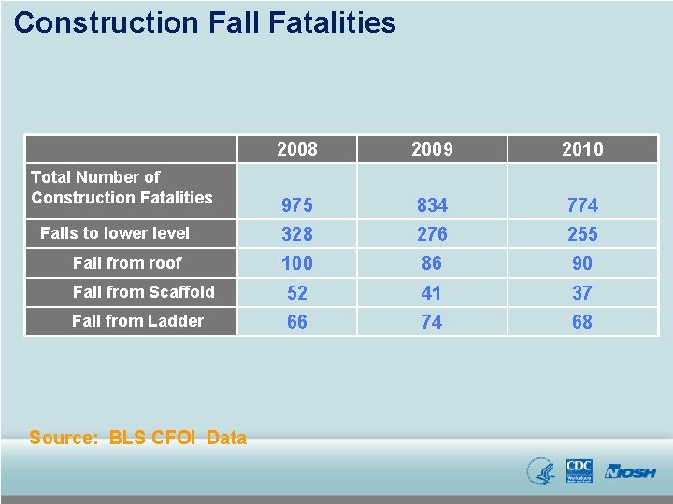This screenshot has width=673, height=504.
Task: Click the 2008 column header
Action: click(x=297, y=149)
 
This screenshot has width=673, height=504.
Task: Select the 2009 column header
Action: click(x=432, y=149)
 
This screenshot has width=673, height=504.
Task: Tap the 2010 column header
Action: click(x=582, y=149)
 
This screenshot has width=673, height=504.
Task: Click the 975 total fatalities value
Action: click(x=297, y=204)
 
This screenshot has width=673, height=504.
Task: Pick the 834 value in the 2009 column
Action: click(x=432, y=204)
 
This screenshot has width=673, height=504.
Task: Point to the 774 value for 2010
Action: click(x=582, y=204)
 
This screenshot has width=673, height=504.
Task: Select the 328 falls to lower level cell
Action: click(x=297, y=234)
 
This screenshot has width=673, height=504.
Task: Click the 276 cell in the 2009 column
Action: click(x=432, y=234)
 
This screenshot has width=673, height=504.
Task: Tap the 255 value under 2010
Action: click(x=582, y=234)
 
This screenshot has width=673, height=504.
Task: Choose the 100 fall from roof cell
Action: click(x=297, y=263)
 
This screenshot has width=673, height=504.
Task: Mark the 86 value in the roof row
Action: click(x=432, y=263)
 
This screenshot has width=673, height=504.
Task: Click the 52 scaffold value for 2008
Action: click(x=297, y=293)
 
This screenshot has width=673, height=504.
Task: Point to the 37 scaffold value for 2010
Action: click(x=582, y=293)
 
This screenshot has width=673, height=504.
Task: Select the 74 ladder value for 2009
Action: click(x=432, y=322)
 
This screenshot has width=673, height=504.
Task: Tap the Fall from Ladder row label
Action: click(x=137, y=321)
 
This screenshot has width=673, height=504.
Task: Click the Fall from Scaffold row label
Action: click(x=143, y=292)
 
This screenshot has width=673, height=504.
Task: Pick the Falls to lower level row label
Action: click(x=114, y=233)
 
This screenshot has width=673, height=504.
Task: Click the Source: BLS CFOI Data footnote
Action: click(x=137, y=438)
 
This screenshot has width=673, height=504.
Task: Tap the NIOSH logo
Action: click(x=630, y=472)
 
